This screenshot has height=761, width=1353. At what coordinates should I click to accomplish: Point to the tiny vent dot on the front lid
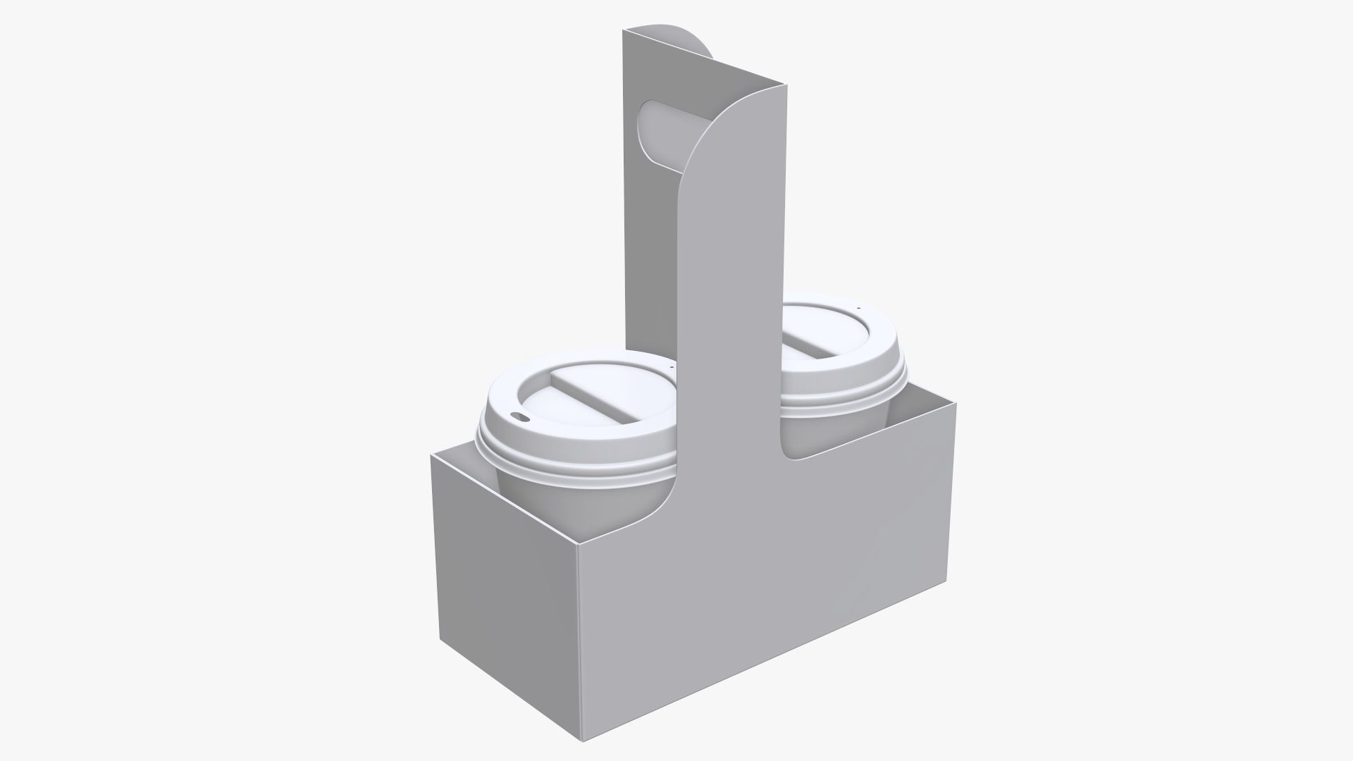[672, 367]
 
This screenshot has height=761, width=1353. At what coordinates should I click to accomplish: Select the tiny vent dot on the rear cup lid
[859, 308]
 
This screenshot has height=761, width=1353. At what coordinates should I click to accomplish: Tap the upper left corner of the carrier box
[431, 455]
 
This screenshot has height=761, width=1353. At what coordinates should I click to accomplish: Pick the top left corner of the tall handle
[624, 29]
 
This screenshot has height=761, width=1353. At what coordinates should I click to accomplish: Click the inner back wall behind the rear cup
[916, 416]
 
